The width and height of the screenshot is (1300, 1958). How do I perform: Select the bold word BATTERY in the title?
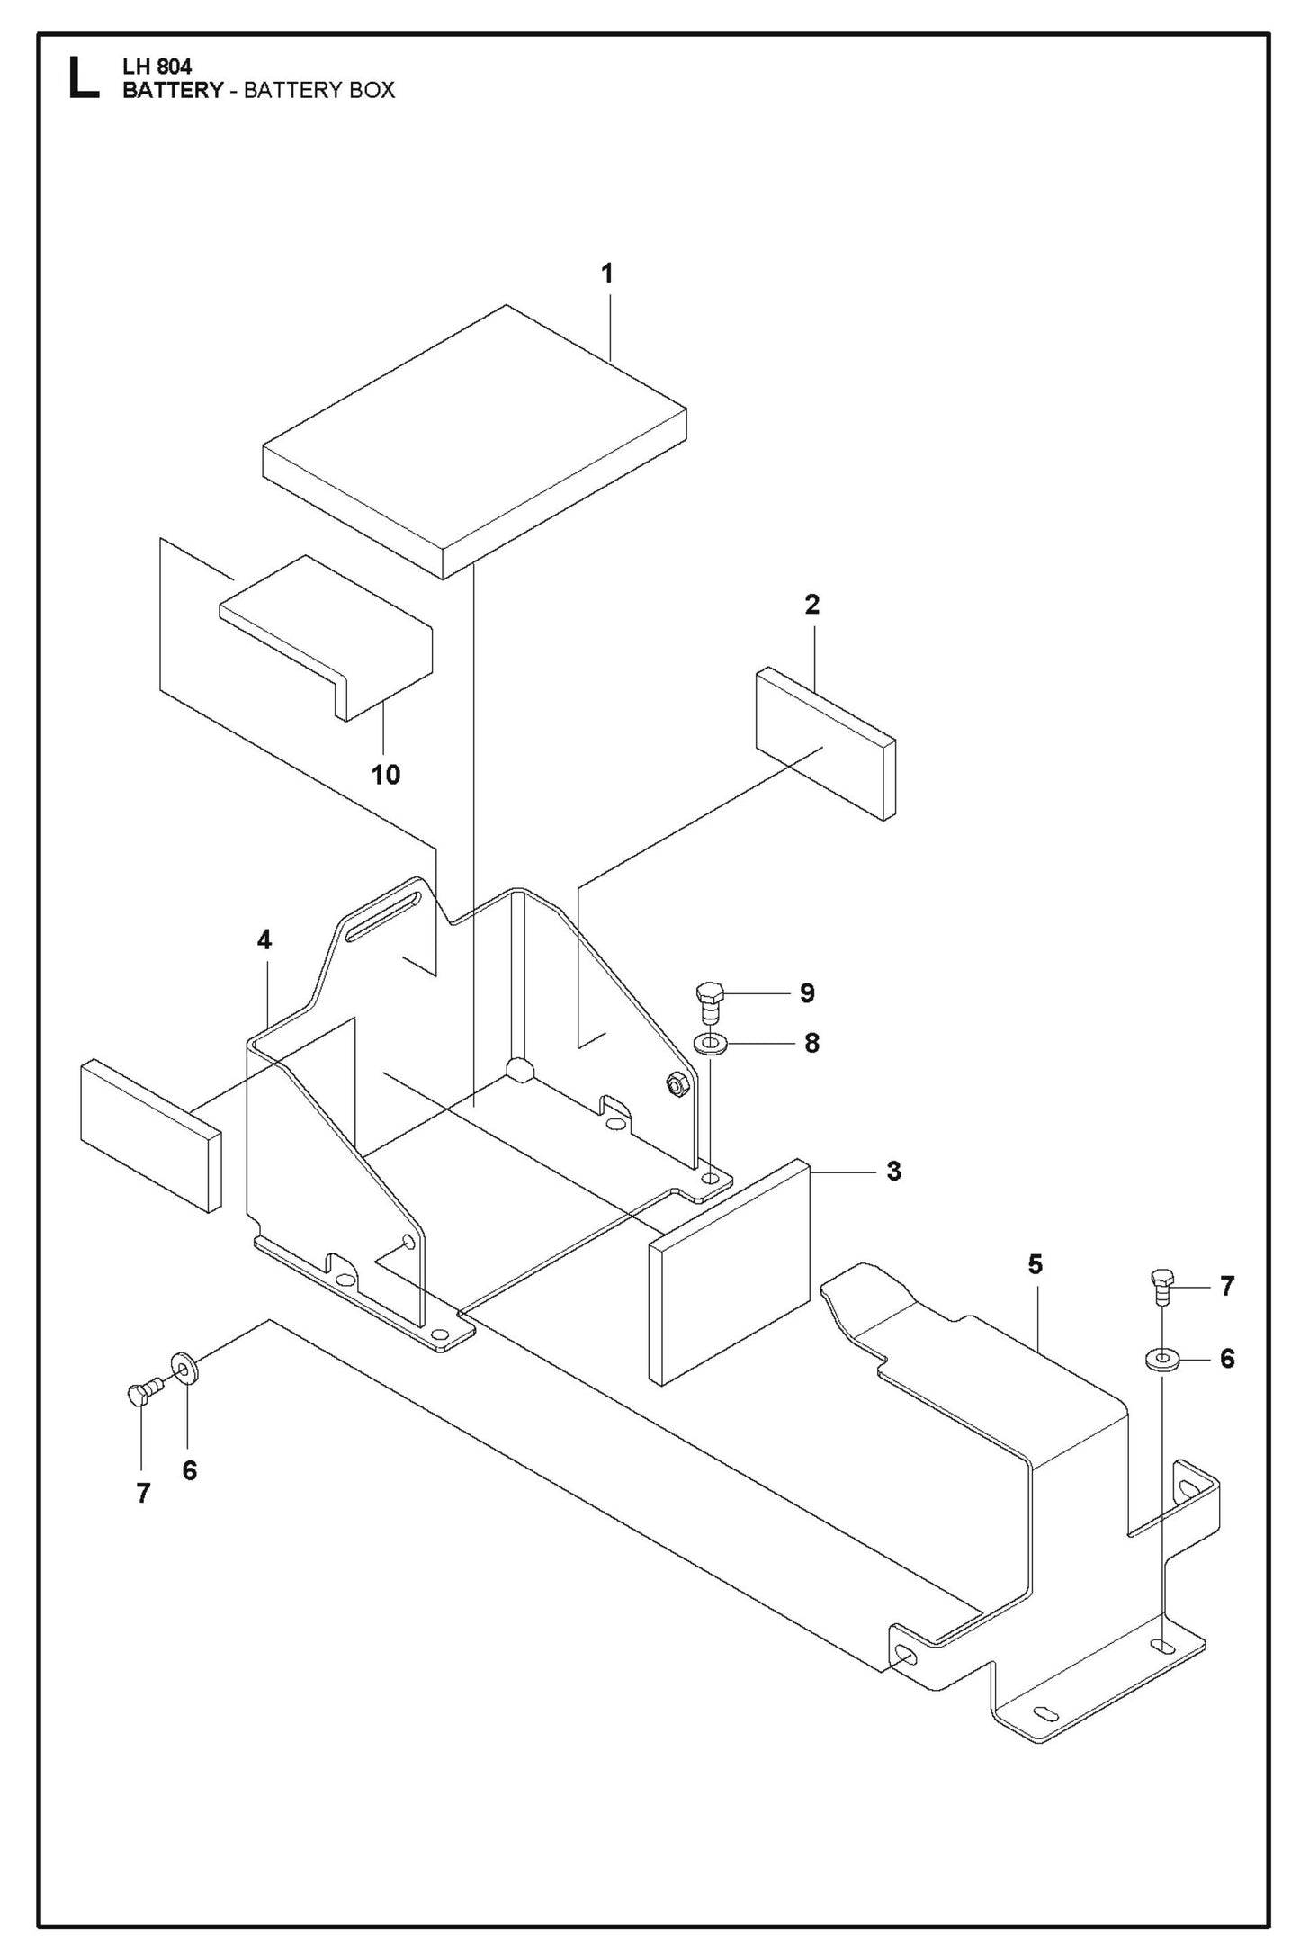pos(171,90)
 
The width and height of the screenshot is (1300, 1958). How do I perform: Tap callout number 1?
pos(607,273)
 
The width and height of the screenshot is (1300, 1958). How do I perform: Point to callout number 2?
pos(811,605)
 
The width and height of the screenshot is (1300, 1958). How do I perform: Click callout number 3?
pos(893,1171)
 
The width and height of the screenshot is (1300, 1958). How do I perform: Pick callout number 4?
pos(264,940)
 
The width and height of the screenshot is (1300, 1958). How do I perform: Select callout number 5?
pos(1035,1264)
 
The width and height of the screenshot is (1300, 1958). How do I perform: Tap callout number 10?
pos(386,774)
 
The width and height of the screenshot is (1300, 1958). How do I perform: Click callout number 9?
pos(807,992)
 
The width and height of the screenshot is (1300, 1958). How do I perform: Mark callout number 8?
pos(811,1043)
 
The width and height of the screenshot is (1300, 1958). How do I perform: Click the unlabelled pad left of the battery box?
pos(150,1134)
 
